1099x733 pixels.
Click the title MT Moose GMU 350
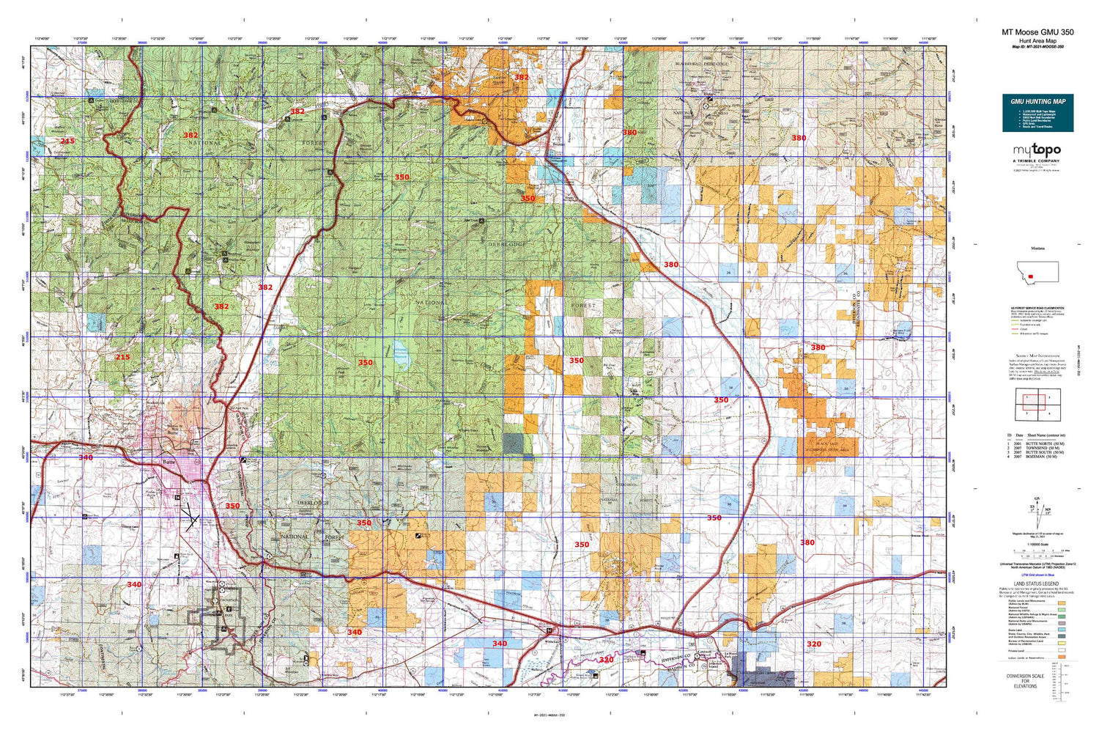tap(1037, 32)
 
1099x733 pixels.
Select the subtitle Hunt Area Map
tap(1037, 41)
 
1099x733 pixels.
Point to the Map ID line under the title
tap(1037, 47)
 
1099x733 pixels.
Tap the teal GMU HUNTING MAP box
tap(1037, 113)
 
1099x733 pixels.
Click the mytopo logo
tap(1036, 150)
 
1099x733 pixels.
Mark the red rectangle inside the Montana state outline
tap(1032, 277)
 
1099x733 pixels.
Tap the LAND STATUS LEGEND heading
tap(1037, 584)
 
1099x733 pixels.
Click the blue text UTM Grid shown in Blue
tap(1037, 575)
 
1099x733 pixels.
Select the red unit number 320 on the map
tap(813, 644)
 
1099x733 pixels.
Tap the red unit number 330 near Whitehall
tap(606, 660)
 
